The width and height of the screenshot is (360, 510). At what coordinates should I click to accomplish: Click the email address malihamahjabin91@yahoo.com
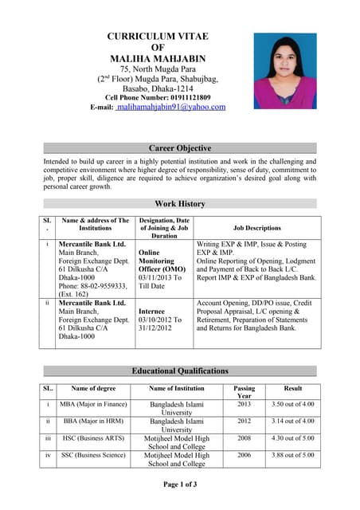pos(170,106)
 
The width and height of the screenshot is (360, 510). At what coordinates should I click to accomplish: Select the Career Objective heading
pos(180,148)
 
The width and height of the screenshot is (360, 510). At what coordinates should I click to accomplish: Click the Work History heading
pos(180,204)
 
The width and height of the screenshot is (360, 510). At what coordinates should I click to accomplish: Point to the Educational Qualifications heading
pos(180,371)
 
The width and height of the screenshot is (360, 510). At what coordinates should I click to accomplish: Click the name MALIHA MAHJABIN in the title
pos(157,59)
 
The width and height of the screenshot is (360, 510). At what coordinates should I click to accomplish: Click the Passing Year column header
pos(244,391)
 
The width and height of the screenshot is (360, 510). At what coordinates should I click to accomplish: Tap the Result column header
pos(292,388)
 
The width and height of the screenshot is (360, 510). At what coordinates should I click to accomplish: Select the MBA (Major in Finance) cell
pos(93,404)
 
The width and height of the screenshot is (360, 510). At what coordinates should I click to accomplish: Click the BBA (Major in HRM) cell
pos(92,421)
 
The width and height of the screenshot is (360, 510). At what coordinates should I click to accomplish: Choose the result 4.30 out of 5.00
pos(292,437)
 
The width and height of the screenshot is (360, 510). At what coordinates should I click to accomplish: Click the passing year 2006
pos(244,454)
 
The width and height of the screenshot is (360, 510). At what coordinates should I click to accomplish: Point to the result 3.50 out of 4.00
pos(292,404)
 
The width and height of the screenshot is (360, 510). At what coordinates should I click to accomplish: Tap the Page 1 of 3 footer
pos(180,484)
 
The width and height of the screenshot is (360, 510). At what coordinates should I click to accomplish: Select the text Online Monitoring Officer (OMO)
pos(160,261)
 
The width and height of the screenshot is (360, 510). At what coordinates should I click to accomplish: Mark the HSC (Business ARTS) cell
pos(93,437)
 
